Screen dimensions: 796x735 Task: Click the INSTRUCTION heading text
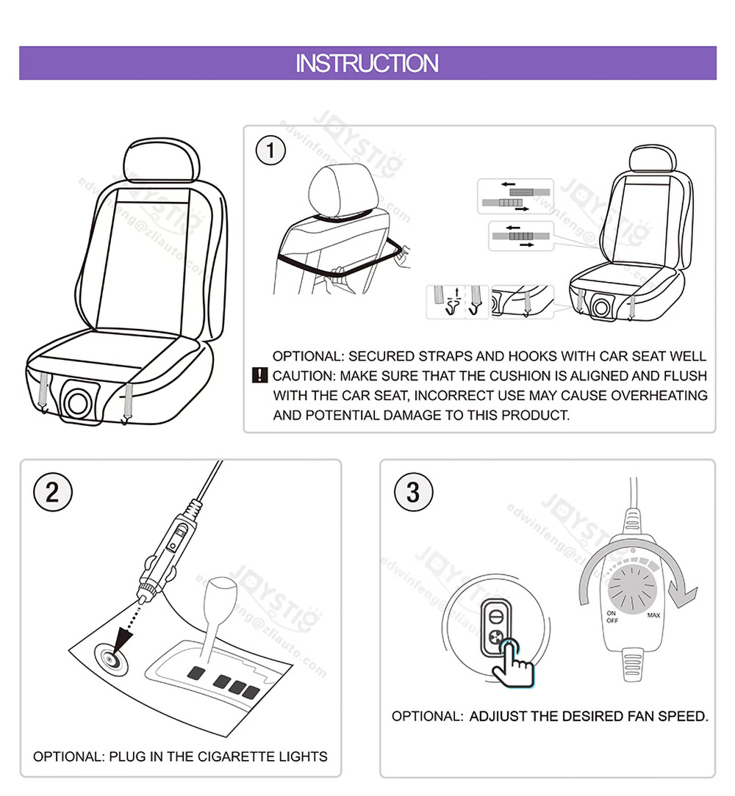(367, 63)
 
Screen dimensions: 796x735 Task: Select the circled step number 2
(51, 491)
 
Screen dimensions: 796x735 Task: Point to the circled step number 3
(412, 492)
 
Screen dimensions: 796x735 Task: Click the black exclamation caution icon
(259, 376)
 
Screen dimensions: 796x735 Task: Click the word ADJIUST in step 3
(498, 716)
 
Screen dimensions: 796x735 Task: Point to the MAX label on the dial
(653, 616)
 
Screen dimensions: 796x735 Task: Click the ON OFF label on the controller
(612, 617)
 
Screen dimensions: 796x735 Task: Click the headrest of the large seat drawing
(162, 162)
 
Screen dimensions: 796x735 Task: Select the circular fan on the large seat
(78, 402)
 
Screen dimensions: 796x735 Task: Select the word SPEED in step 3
(683, 716)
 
